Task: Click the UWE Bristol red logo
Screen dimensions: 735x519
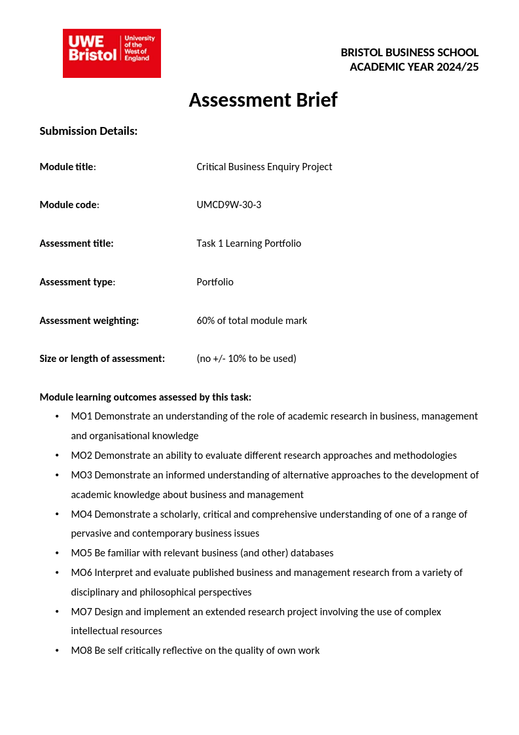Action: tap(111, 53)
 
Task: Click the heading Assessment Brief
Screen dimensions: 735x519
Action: tap(263, 100)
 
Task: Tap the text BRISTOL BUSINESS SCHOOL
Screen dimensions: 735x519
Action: tap(409, 52)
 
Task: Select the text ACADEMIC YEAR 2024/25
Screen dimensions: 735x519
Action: tap(414, 67)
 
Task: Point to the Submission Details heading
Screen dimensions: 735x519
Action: tap(88, 131)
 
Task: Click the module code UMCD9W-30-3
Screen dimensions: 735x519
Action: tap(228, 205)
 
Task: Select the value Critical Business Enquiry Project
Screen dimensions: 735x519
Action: tap(264, 167)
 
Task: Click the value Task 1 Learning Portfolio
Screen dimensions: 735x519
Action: tap(249, 243)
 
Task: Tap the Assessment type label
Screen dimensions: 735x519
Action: tap(77, 282)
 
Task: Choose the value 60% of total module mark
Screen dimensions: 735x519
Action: tap(251, 321)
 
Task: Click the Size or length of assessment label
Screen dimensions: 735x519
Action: tap(102, 359)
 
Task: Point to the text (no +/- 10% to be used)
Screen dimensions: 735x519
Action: tap(246, 359)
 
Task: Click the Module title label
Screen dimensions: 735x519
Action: tap(67, 167)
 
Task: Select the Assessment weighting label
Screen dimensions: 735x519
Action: tap(89, 321)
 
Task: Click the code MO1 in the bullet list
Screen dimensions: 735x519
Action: tap(81, 416)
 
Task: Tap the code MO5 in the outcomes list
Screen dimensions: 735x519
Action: tap(81, 553)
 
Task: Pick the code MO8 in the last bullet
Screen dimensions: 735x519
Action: tap(81, 651)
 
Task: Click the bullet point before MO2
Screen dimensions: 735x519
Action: tap(57, 456)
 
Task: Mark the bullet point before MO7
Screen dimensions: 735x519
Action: tap(57, 612)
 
